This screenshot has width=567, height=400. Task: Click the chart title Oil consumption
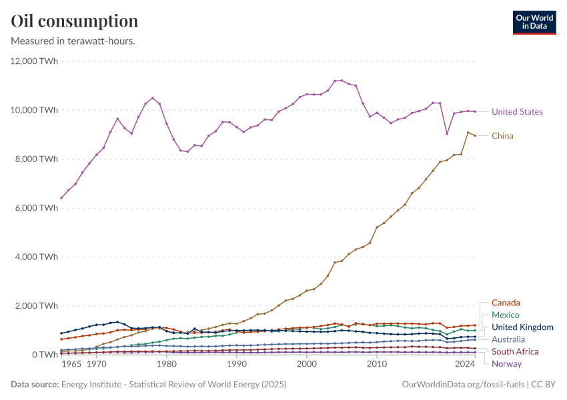75,21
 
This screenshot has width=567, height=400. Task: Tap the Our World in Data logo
534,22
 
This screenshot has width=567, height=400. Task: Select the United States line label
517,112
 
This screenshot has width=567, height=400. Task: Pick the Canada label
506,303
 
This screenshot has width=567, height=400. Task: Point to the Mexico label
505,315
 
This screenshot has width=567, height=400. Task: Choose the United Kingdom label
522,327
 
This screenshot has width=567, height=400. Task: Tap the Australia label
508,339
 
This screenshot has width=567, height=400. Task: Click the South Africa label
516,351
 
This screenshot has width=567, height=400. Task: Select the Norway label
506,363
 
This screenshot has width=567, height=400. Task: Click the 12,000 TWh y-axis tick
35,61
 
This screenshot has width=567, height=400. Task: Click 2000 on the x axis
307,365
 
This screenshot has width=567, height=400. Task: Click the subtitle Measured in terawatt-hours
73,41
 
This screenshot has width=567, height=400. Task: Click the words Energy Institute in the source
89,385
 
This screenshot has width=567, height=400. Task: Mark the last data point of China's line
474,135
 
